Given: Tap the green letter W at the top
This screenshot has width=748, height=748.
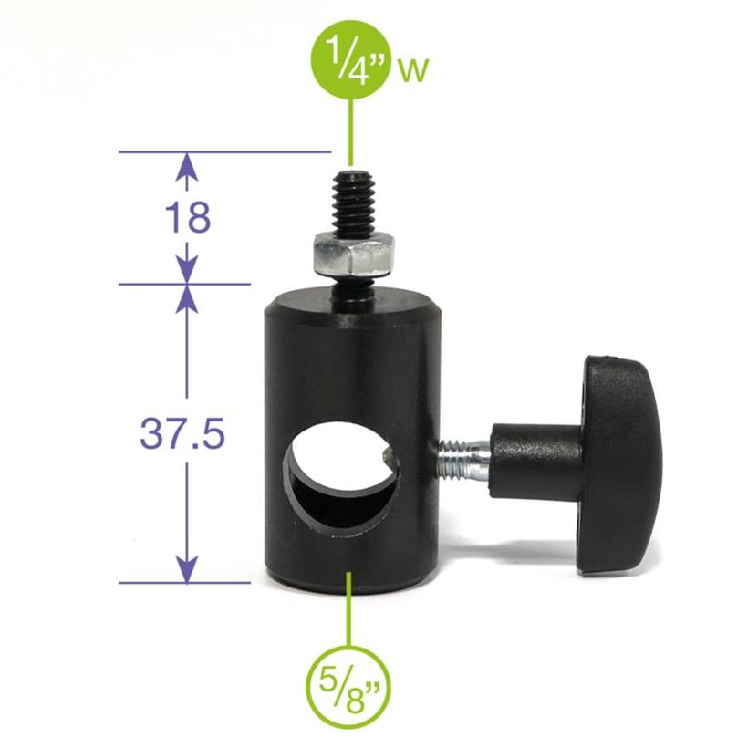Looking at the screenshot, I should [413, 72].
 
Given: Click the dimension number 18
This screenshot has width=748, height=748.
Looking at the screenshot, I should [188, 217].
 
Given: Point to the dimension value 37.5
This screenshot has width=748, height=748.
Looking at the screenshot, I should [182, 434].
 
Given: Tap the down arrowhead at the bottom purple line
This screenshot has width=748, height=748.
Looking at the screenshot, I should [187, 571].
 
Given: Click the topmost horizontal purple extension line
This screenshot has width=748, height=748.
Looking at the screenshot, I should [223, 151].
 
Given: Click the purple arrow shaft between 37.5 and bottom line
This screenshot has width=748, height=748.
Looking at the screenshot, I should [187, 511].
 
